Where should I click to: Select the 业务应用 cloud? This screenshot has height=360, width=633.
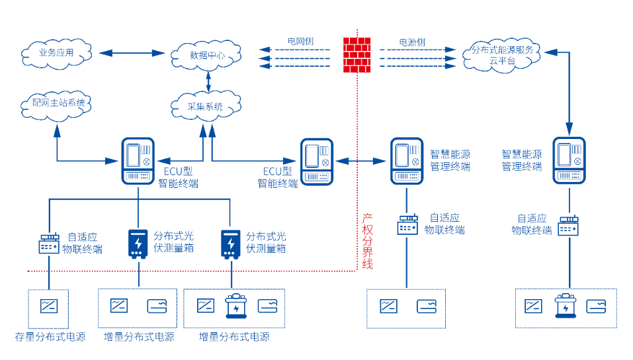click(56, 52)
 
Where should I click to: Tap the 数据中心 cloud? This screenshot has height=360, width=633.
click(207, 56)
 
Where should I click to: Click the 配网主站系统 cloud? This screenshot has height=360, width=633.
click(58, 103)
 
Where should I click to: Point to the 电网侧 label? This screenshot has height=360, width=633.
click(300, 41)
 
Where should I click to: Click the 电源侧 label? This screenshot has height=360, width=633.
click(411, 42)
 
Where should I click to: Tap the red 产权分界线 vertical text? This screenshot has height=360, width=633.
click(368, 241)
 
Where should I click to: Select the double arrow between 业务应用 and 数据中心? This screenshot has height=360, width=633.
click(132, 52)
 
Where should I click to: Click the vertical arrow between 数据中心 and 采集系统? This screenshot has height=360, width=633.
click(208, 81)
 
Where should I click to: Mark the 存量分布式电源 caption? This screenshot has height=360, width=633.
click(50, 337)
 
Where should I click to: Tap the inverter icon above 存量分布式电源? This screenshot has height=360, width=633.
click(49, 306)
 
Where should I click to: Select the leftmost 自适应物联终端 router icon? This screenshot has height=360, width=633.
click(49, 244)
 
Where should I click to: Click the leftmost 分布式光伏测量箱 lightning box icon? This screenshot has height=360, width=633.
click(138, 244)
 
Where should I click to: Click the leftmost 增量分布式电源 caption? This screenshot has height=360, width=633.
click(139, 337)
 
